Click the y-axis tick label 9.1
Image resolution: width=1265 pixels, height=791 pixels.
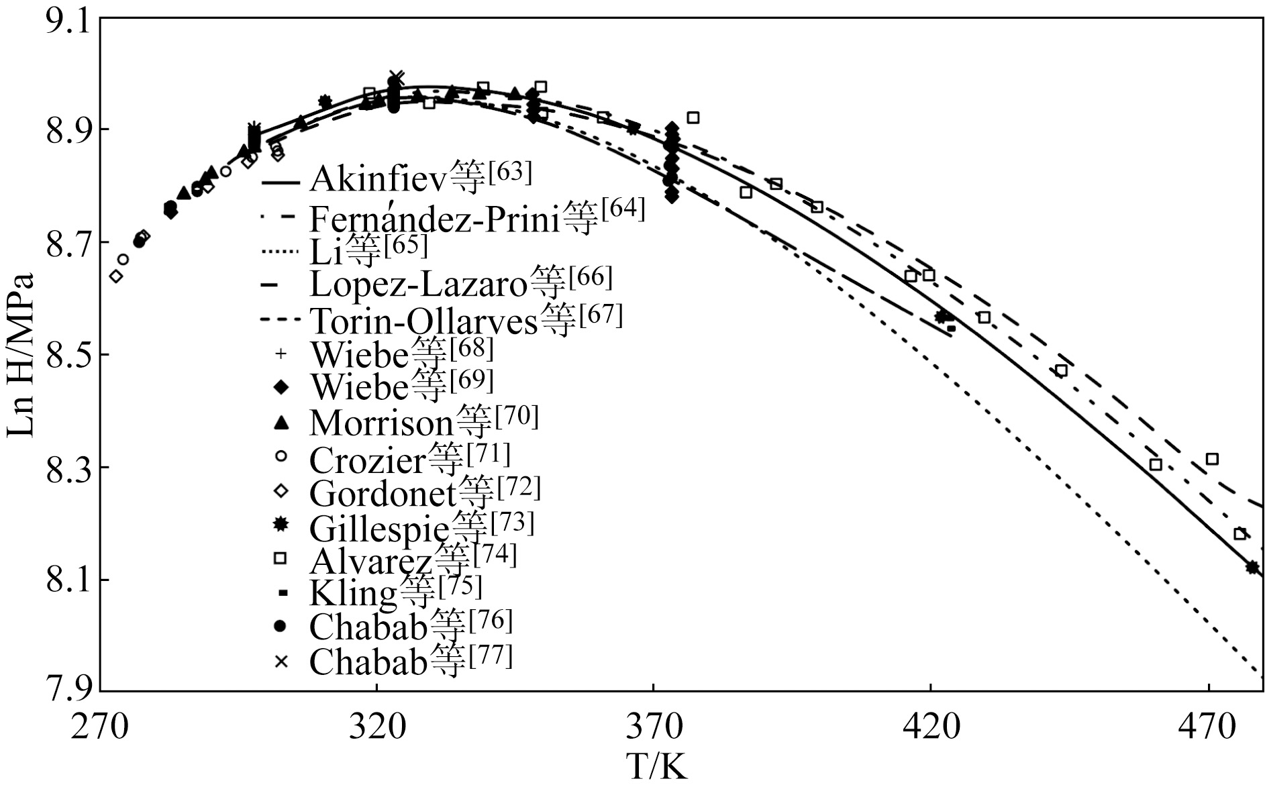click(x=65, y=20)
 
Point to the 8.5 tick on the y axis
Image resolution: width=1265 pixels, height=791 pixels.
click(x=65, y=354)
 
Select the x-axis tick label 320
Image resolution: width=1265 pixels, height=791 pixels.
click(x=376, y=726)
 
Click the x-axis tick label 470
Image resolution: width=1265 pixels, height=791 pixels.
click(x=1208, y=726)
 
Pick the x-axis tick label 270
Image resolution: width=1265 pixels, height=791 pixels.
click(x=99, y=726)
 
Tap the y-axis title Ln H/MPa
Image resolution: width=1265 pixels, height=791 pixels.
click(x=20, y=355)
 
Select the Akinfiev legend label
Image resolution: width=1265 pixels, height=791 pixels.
click(x=397, y=178)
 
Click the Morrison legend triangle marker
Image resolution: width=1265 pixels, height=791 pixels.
click(x=281, y=422)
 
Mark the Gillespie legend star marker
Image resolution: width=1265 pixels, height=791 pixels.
click(x=281, y=524)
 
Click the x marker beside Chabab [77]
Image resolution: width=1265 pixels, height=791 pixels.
click(x=281, y=662)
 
